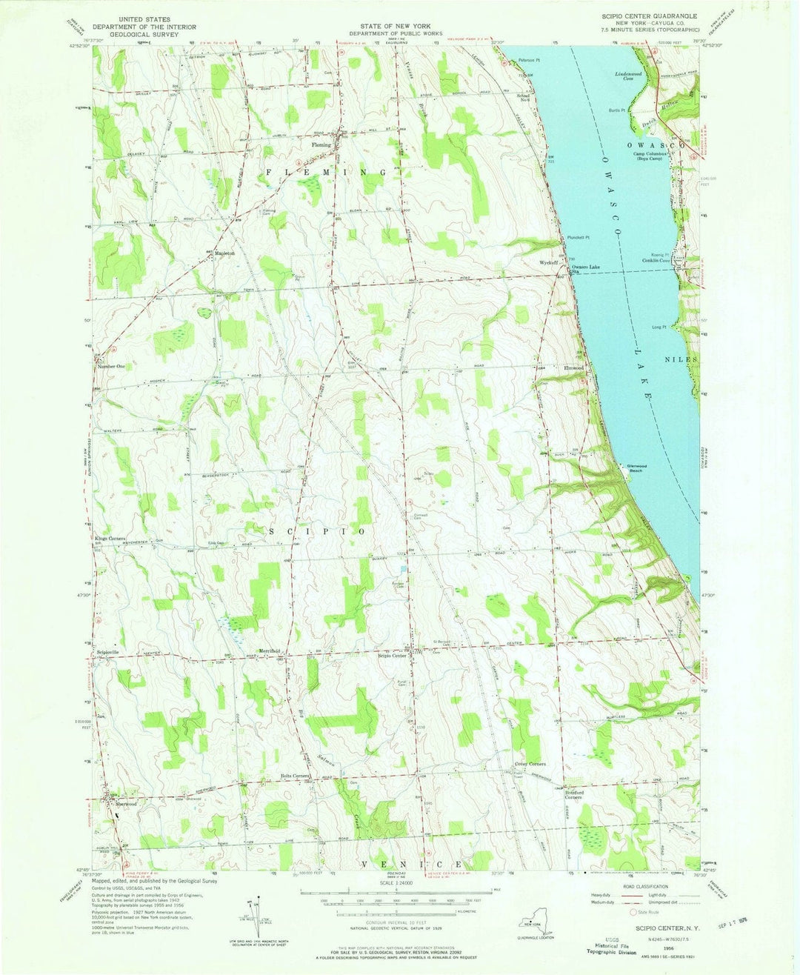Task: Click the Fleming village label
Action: tap(321, 145)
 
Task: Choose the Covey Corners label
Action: tap(530, 764)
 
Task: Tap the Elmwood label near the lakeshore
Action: tap(574, 367)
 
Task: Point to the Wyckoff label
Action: tap(548, 262)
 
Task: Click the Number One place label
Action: tap(110, 367)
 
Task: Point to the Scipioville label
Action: tap(108, 652)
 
